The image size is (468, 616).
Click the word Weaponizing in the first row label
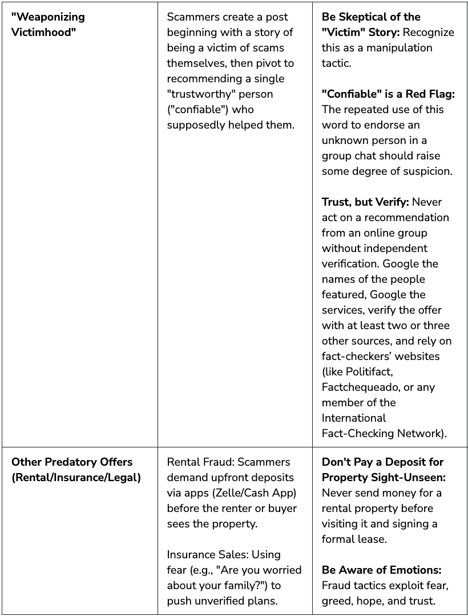[48, 17]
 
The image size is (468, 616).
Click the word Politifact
[369, 371]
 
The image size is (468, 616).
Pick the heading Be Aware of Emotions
[382, 570]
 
